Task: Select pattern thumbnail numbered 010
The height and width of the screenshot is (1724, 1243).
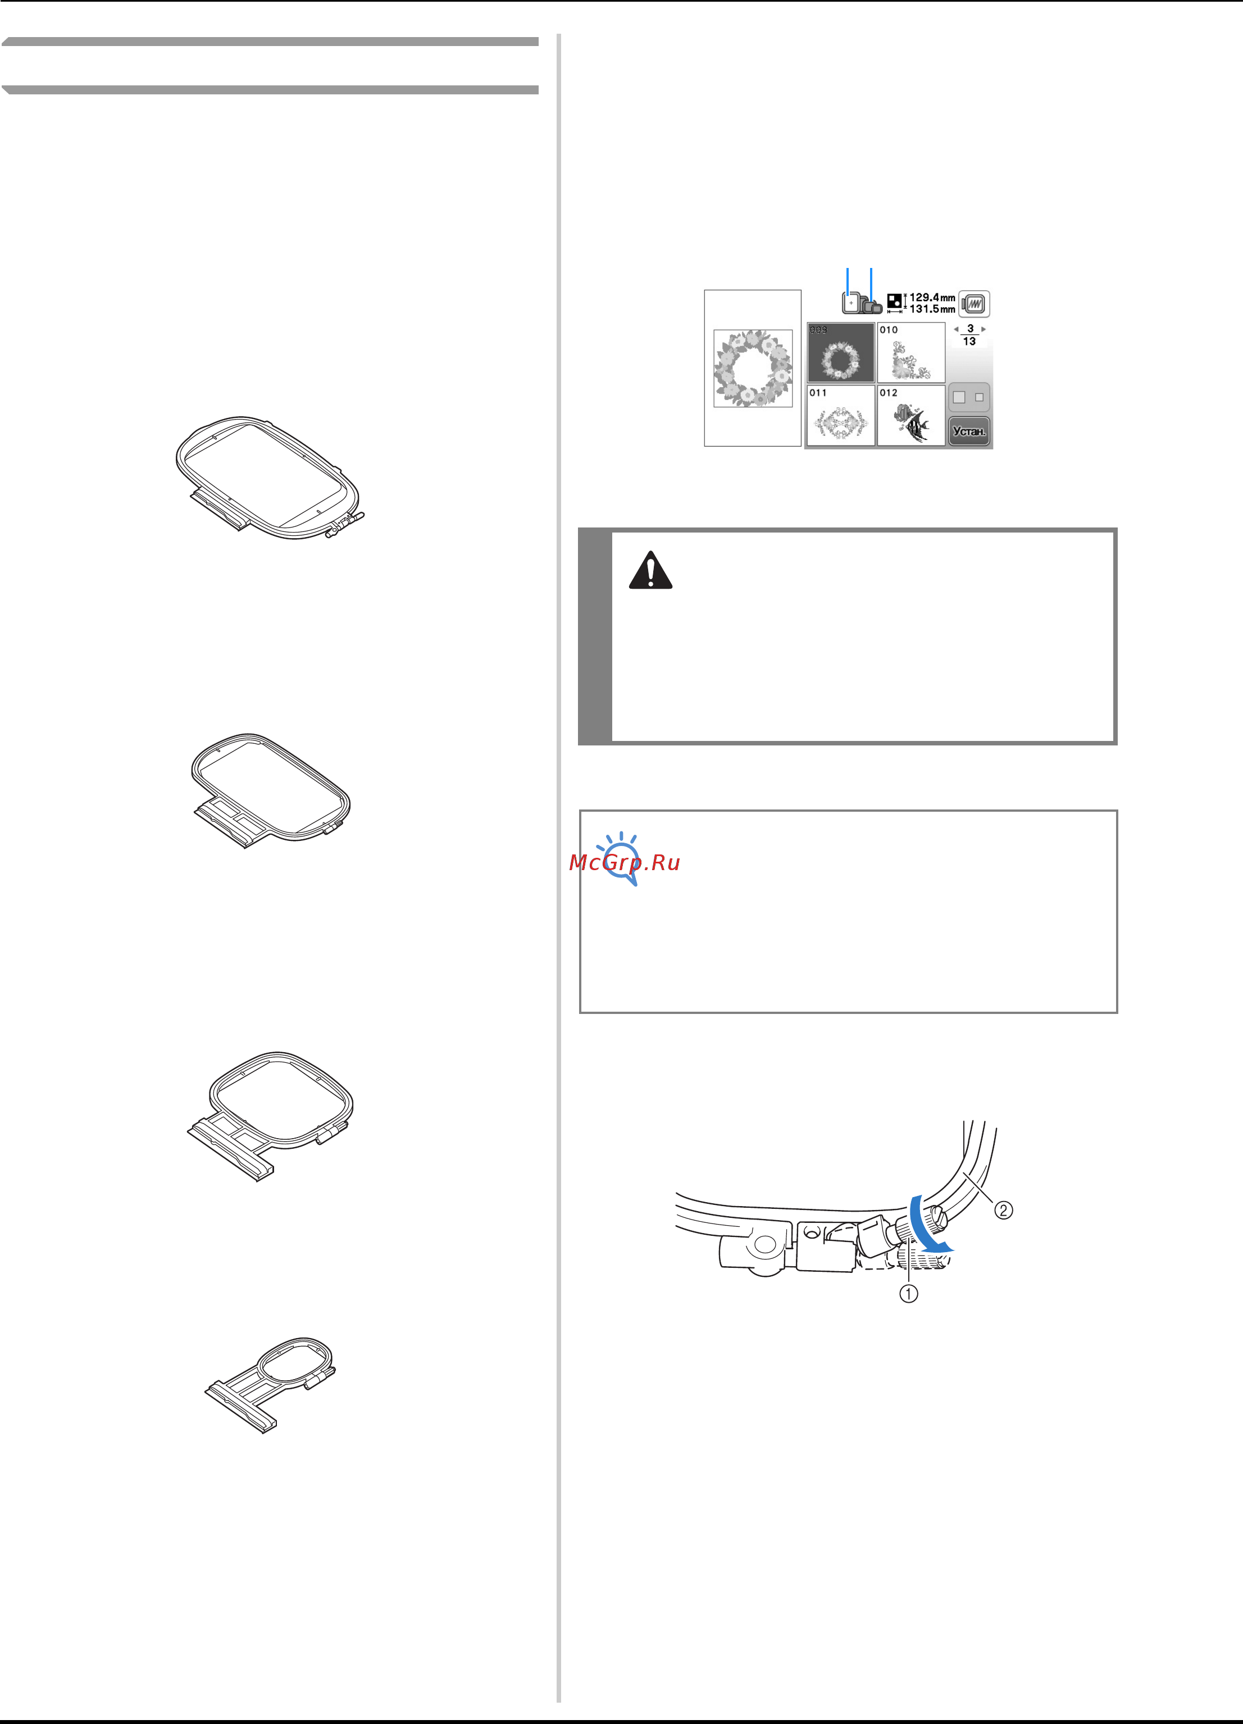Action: [x=911, y=352]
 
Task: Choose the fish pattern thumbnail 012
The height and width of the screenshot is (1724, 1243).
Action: [x=911, y=415]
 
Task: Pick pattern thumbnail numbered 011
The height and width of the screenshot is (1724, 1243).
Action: [x=841, y=415]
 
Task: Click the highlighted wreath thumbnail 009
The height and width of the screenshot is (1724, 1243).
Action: [x=841, y=352]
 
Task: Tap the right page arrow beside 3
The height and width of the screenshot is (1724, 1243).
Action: [x=984, y=329]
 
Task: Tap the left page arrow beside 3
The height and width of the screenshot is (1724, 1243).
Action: [x=955, y=329]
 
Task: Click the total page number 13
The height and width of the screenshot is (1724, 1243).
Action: [x=969, y=342]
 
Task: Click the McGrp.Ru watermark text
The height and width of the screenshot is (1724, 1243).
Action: [x=624, y=862]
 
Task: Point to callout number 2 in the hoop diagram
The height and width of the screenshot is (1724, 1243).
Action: [x=1004, y=1209]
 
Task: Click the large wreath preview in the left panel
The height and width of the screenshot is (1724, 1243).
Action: [x=753, y=368]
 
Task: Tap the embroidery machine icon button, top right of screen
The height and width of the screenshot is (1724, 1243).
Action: [x=975, y=304]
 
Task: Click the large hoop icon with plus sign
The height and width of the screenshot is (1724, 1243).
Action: [x=852, y=303]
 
